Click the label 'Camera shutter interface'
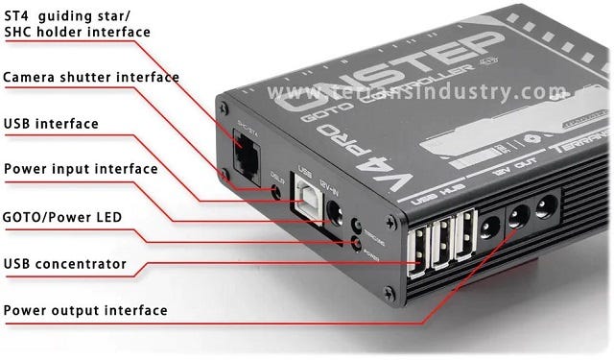(x=91, y=77)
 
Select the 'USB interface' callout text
(x=51, y=123)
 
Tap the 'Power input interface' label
(x=81, y=169)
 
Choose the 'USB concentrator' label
(x=65, y=262)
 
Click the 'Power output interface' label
(x=85, y=310)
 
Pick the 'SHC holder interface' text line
(x=77, y=32)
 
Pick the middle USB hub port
(x=442, y=242)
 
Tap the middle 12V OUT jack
(x=518, y=216)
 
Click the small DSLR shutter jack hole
(x=277, y=192)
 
